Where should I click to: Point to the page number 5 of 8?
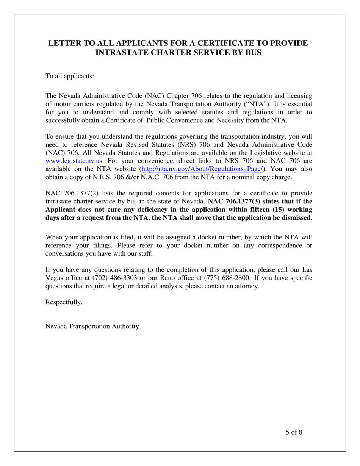coord(294,432)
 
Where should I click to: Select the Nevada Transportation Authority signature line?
coord(92,326)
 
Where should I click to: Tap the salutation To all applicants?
coord(70,76)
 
